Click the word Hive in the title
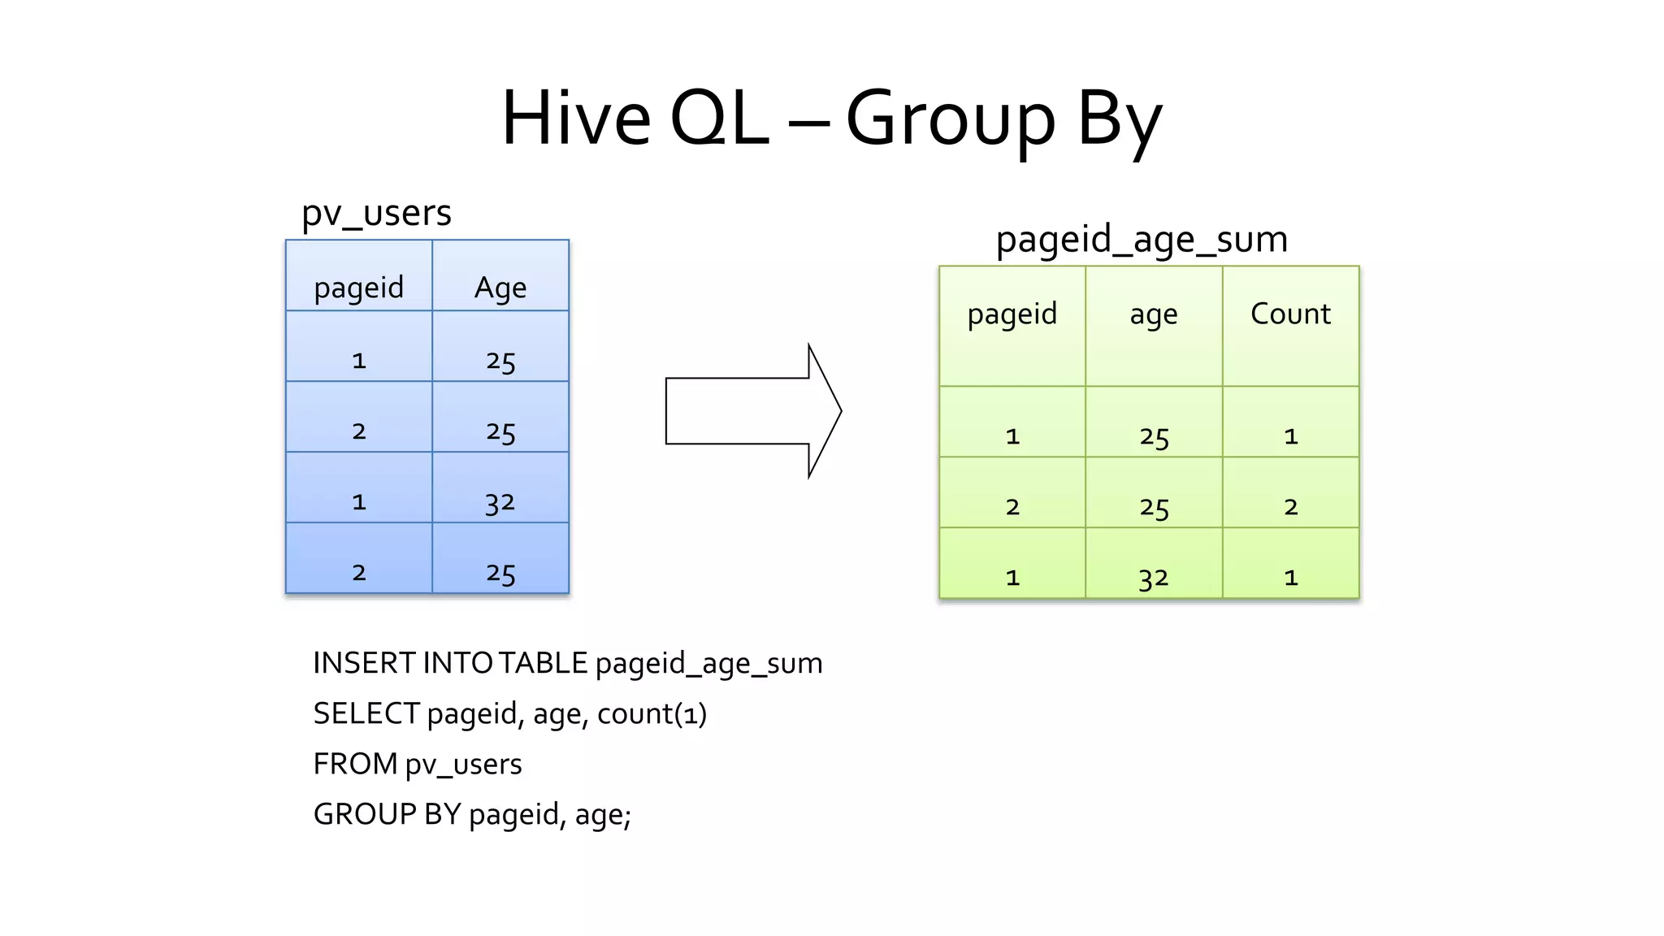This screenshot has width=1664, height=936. tap(575, 119)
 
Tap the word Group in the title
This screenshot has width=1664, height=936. tap(951, 120)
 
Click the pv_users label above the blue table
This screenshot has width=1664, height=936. tap(376, 213)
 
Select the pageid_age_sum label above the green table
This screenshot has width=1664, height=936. tap(1142, 240)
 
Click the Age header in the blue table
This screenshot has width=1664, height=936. tap(500, 288)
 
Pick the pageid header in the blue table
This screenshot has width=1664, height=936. tap(358, 288)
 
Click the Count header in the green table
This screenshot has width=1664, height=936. tap(1290, 314)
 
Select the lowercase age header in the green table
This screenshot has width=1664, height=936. tap(1153, 314)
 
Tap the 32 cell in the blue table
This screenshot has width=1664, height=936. tap(500, 503)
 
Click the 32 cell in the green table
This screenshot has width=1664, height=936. tap(1153, 578)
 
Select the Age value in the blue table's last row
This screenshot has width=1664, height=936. tap(500, 574)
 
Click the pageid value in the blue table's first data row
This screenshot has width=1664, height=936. tap(358, 361)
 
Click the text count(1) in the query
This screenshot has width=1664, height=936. tap(652, 714)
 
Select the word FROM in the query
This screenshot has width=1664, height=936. tap(355, 765)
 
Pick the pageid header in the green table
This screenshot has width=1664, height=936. tap(1012, 314)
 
